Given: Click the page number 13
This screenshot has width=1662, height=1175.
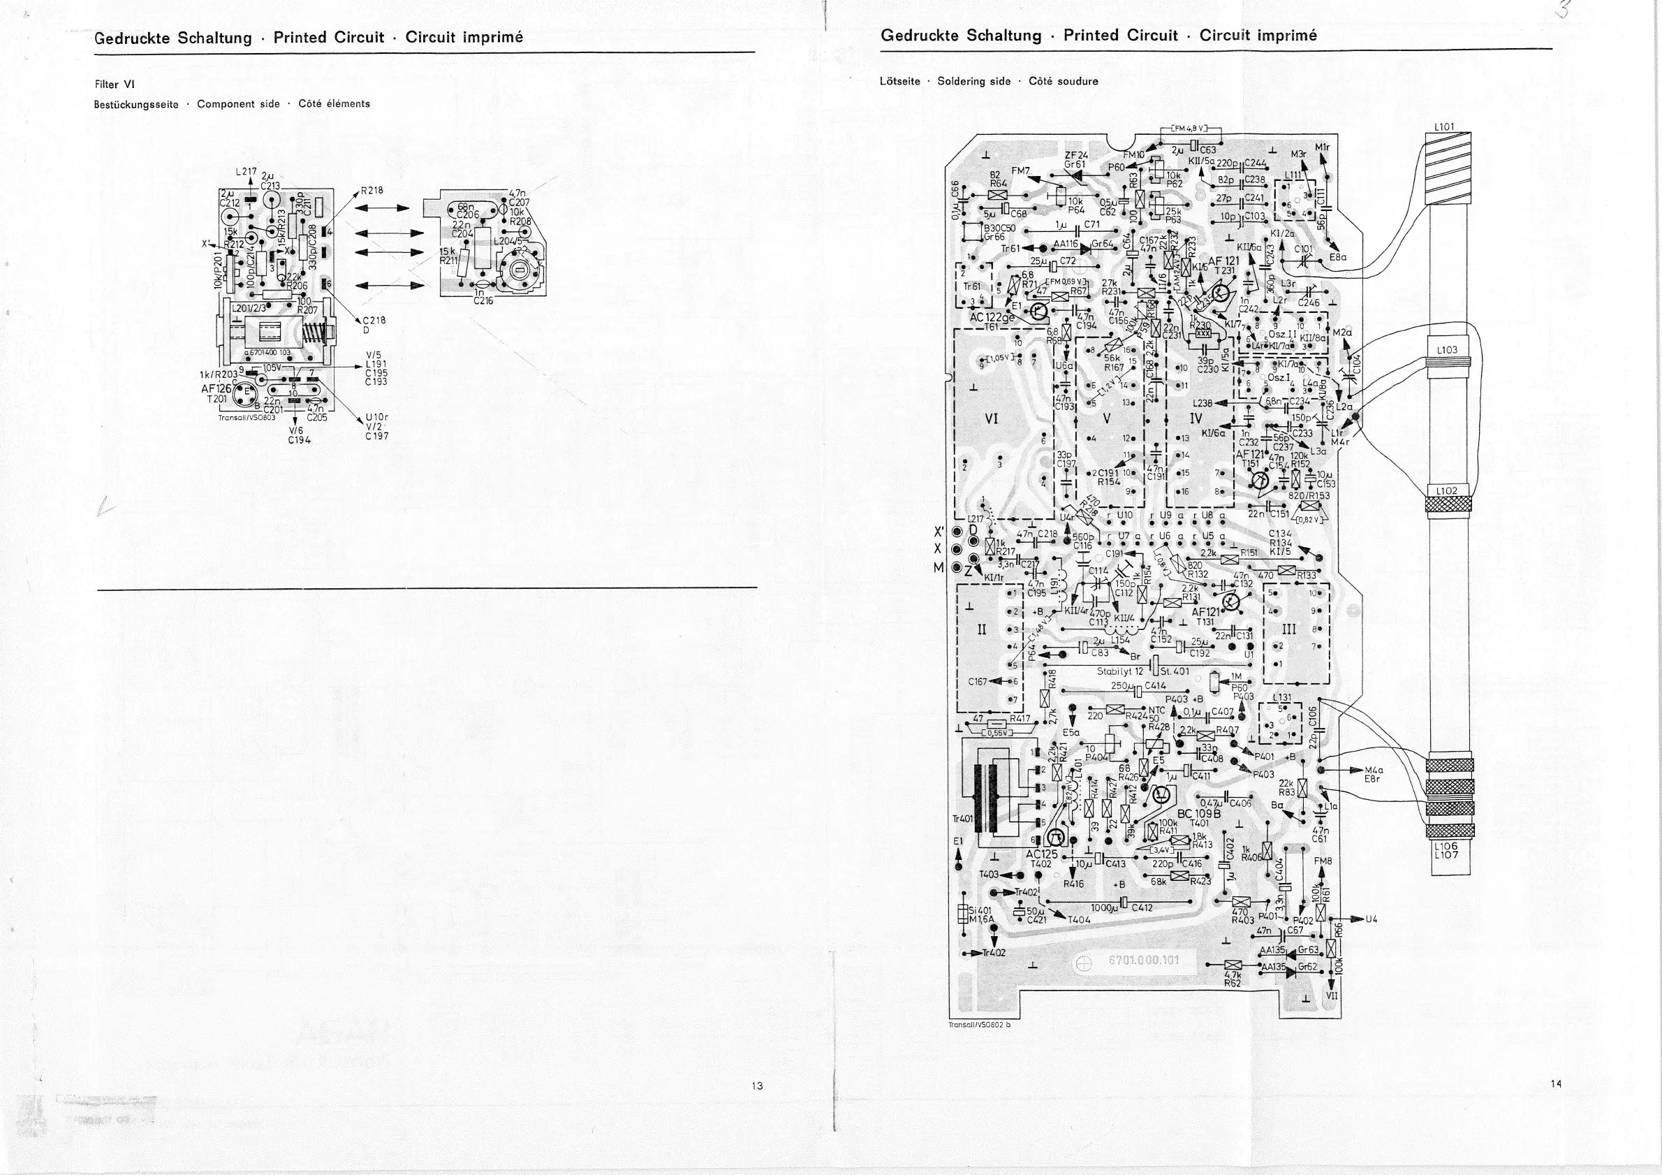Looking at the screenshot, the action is pyautogui.click(x=757, y=1085).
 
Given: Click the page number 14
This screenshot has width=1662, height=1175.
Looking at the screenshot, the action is pyautogui.click(x=1556, y=1083).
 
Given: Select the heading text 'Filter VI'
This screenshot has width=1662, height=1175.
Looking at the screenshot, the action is pyautogui.click(x=115, y=84).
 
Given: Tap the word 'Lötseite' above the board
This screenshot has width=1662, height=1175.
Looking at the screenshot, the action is pyautogui.click(x=899, y=81).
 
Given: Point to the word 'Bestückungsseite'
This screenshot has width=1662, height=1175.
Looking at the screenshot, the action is pyautogui.click(x=136, y=104).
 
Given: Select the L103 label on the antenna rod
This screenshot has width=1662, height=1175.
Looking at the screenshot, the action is pyautogui.click(x=1447, y=350).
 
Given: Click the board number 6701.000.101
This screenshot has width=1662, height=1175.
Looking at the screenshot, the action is pyautogui.click(x=1144, y=960).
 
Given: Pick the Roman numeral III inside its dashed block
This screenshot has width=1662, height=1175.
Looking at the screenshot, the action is pyautogui.click(x=1288, y=629).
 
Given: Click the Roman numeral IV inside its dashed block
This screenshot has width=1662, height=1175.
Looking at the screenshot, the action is pyautogui.click(x=1195, y=418).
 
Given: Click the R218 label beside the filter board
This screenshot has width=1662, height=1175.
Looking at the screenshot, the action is pyautogui.click(x=372, y=191).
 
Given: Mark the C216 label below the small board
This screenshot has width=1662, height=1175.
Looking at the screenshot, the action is pyautogui.click(x=483, y=300).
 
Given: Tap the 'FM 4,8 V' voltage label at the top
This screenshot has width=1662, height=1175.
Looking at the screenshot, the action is pyautogui.click(x=1189, y=129).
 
